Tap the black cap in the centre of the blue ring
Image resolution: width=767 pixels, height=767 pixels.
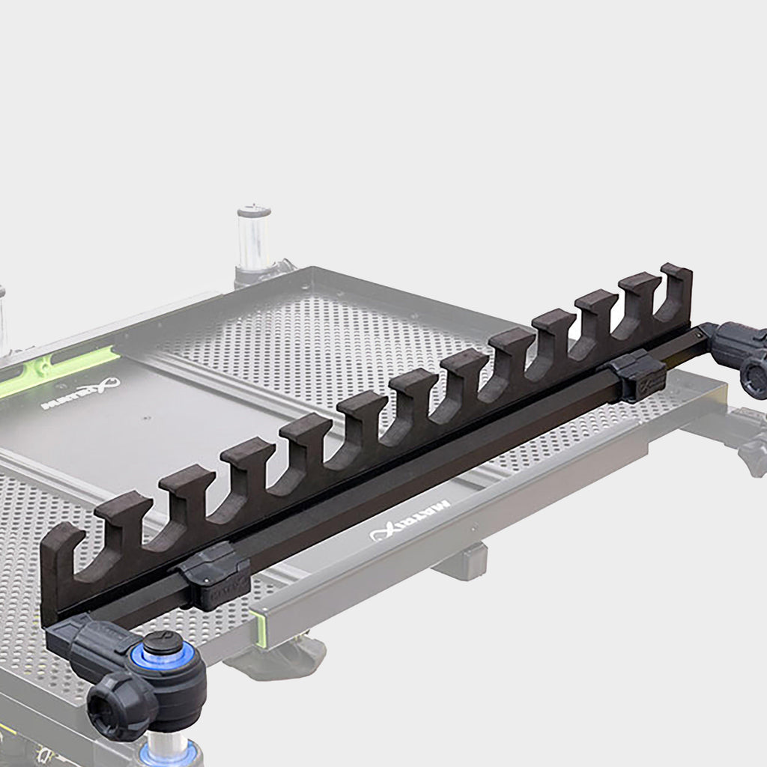(x=163, y=643)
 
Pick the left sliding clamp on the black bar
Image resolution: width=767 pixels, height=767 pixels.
(x=213, y=573)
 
